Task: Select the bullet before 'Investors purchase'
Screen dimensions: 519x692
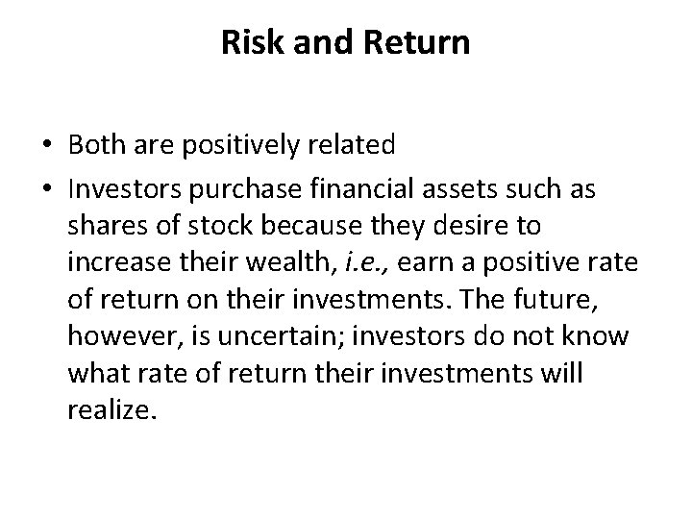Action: point(45,190)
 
